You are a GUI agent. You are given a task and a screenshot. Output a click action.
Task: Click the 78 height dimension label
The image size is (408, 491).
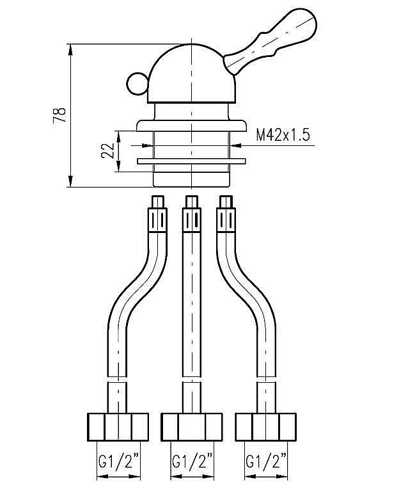point(59,115)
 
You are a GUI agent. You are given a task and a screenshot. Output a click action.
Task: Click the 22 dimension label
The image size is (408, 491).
point(109,151)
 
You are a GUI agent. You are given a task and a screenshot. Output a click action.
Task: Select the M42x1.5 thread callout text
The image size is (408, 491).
point(283,135)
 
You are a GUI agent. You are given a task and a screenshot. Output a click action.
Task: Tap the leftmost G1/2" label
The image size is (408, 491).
point(117,460)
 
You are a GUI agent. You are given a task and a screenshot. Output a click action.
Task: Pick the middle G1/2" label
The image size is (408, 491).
point(192,460)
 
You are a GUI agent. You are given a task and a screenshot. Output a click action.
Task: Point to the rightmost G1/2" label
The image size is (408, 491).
point(266,460)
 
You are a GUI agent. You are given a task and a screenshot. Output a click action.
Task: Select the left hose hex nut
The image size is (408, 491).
point(117,426)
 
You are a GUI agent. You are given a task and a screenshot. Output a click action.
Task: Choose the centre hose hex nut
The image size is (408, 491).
point(192,426)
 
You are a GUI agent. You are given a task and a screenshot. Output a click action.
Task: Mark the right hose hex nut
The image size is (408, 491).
point(266,426)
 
